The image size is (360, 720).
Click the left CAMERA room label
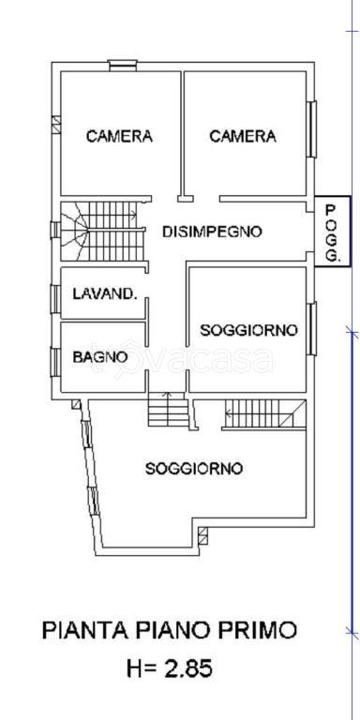tap(119, 137)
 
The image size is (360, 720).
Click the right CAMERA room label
tap(243, 137)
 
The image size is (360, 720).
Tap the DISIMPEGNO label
tap(211, 232)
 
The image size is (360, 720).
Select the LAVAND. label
tap(105, 294)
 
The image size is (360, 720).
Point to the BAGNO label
tap(100, 356)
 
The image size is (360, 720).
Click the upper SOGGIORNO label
tap(248, 330)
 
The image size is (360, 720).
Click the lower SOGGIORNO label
tap(194, 468)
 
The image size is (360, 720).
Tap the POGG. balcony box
tap(327, 232)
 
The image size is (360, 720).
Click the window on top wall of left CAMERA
tap(121, 64)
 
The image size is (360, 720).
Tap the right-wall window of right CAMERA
tap(313, 128)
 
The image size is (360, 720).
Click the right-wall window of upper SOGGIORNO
tap(313, 329)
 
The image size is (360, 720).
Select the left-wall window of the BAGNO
tap(54, 361)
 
